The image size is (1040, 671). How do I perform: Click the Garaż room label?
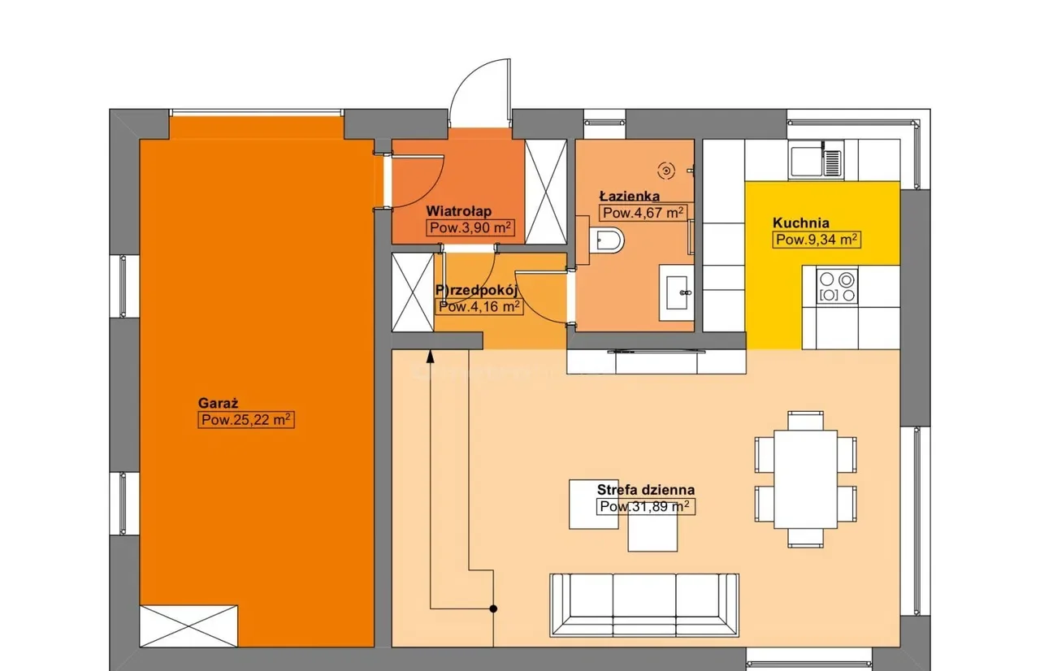[219, 403]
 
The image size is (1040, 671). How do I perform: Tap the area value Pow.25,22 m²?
[246, 420]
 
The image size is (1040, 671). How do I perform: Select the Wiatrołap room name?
[459, 211]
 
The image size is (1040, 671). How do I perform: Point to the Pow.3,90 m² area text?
[470, 227]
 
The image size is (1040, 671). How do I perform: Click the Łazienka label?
[629, 196]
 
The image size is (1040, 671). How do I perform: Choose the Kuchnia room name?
[801, 223]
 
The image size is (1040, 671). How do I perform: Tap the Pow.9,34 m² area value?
[817, 240]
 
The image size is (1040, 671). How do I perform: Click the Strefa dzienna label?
[646, 490]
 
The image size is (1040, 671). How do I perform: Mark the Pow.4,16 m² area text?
[479, 307]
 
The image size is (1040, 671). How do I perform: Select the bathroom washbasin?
[677, 292]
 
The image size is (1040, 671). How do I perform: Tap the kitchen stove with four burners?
[837, 286]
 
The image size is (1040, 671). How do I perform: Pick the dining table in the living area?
[805, 479]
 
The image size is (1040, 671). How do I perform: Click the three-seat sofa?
[644, 605]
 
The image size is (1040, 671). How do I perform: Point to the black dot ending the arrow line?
[493, 608]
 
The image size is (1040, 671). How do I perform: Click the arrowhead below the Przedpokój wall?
[431, 357]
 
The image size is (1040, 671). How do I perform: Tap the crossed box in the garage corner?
[189, 626]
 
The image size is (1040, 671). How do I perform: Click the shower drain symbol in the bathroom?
[666, 171]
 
